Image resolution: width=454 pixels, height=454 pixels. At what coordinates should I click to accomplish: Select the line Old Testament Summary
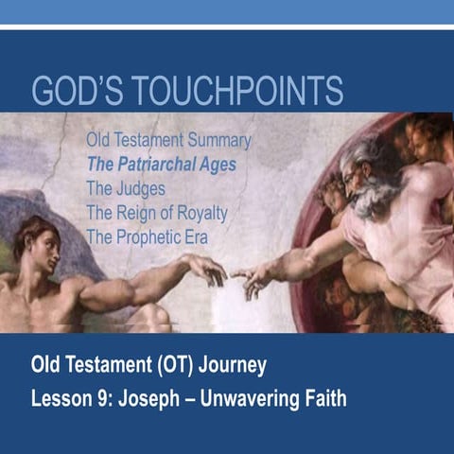[x=168, y=141]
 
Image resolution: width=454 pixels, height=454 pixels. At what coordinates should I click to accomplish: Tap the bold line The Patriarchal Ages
[x=161, y=164]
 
